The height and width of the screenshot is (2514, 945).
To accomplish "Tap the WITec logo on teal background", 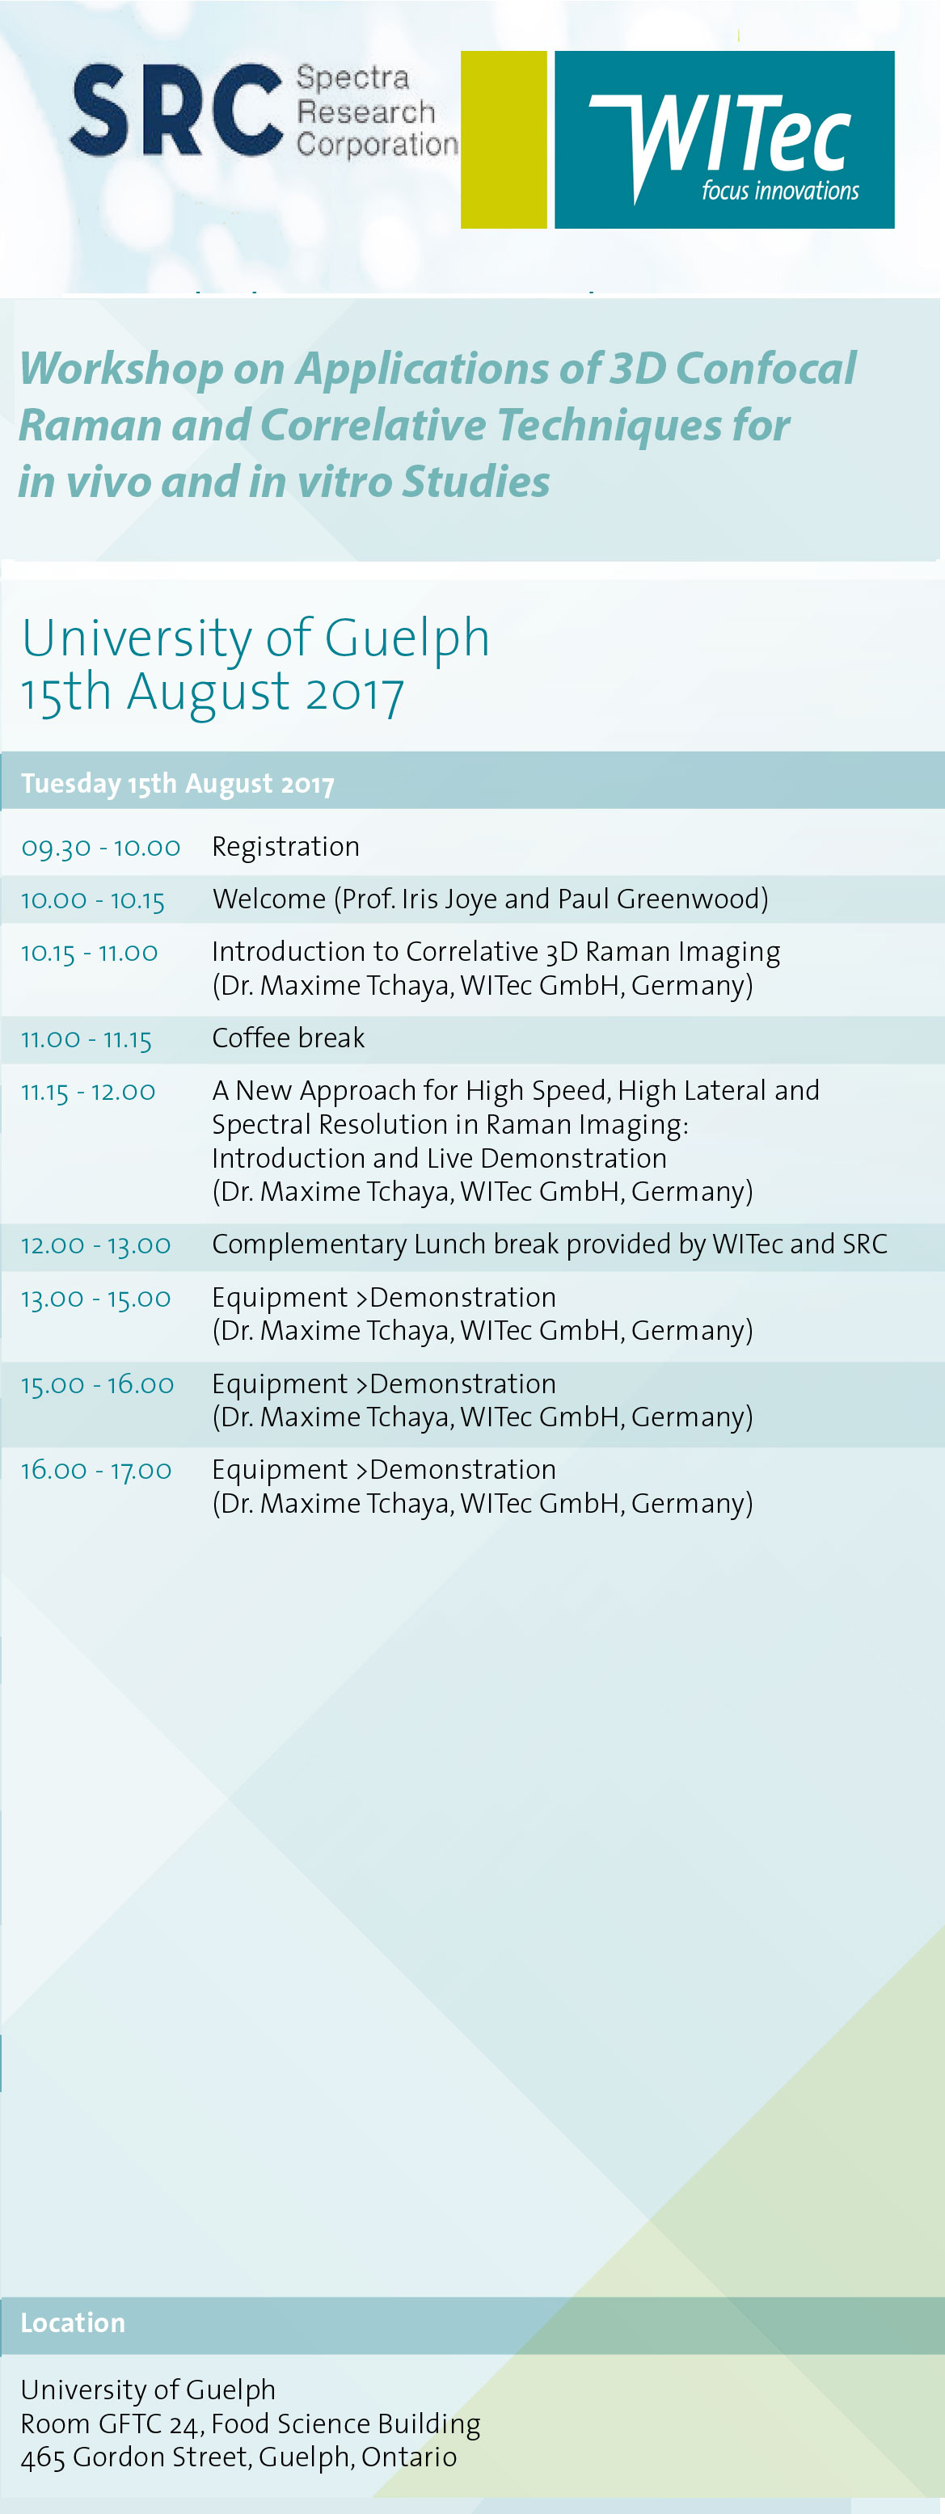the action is [724, 140].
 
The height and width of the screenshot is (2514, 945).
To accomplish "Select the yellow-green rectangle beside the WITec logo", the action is [504, 140].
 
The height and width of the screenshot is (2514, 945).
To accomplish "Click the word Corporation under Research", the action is [377, 145].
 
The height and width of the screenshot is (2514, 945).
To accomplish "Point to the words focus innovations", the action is [780, 190].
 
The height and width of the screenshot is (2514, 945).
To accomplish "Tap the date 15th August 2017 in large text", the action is [213, 692].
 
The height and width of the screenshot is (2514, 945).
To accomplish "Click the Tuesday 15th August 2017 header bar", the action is [472, 781].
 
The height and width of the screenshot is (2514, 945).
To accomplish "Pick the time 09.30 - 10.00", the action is [100, 847].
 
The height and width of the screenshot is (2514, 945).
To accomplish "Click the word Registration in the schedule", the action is [286, 847].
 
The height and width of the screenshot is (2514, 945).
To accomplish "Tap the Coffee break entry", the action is [288, 1038].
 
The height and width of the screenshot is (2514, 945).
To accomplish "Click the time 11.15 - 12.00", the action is [88, 1091].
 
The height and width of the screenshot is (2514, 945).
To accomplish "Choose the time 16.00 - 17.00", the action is [97, 1470].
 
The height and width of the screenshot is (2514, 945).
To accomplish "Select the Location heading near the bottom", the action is [74, 2322].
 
